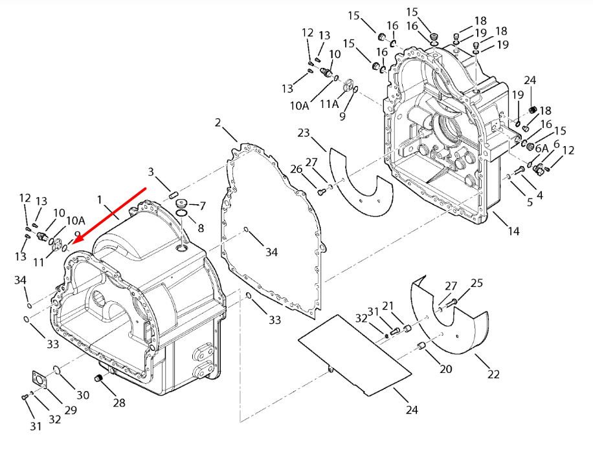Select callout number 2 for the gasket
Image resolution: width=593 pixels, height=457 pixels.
click(x=218, y=123)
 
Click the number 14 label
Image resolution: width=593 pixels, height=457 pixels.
click(x=513, y=230)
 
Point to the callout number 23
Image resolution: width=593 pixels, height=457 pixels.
click(x=304, y=133)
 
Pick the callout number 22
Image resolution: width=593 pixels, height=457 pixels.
click(x=493, y=374)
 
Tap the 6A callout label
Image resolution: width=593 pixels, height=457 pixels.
click(x=541, y=148)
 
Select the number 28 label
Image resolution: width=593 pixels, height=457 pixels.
click(x=118, y=403)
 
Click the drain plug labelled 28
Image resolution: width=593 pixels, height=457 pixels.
click(x=100, y=377)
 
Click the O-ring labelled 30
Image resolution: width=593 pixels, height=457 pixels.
click(x=57, y=371)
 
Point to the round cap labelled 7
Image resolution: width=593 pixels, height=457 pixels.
click(x=182, y=204)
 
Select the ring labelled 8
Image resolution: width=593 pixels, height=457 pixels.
click(x=182, y=215)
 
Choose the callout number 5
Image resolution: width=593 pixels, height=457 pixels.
click(x=530, y=202)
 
